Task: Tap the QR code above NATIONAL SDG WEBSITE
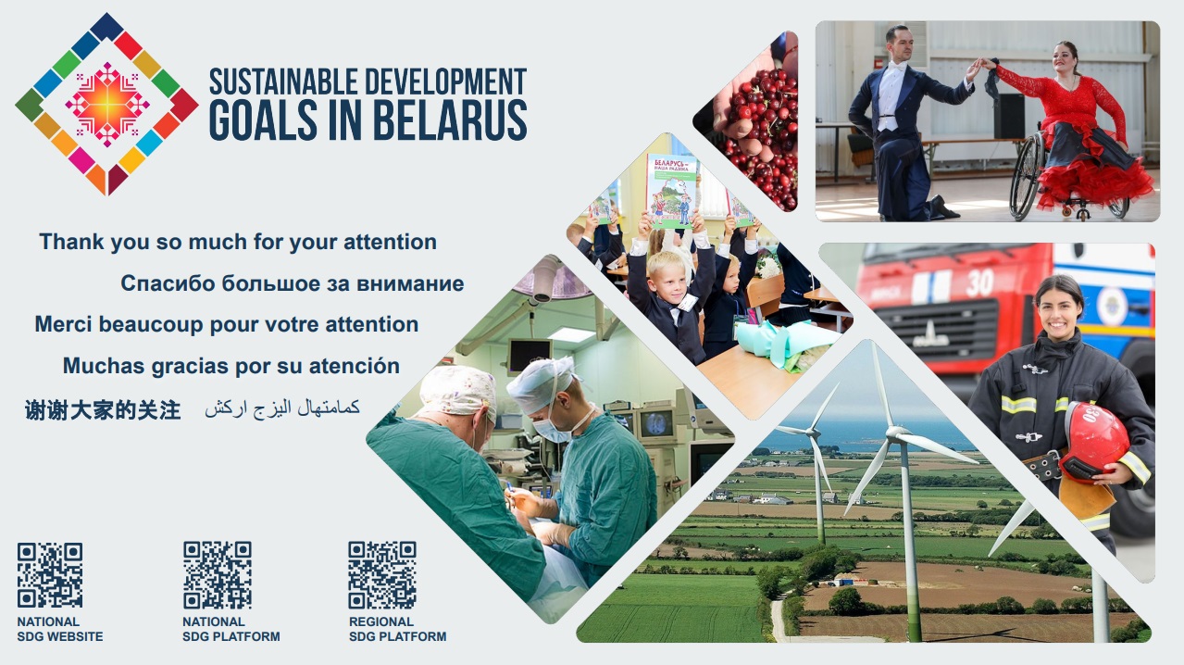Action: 50,575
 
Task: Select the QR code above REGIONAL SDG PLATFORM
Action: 382,575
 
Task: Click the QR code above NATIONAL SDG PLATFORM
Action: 218,575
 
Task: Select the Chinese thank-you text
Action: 103,410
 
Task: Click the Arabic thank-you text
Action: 282,408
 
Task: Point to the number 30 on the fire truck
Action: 979,283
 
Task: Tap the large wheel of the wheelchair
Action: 1027,176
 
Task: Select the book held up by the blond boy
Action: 672,192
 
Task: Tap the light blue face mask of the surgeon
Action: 552,430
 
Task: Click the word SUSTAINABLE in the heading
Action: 283,82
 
